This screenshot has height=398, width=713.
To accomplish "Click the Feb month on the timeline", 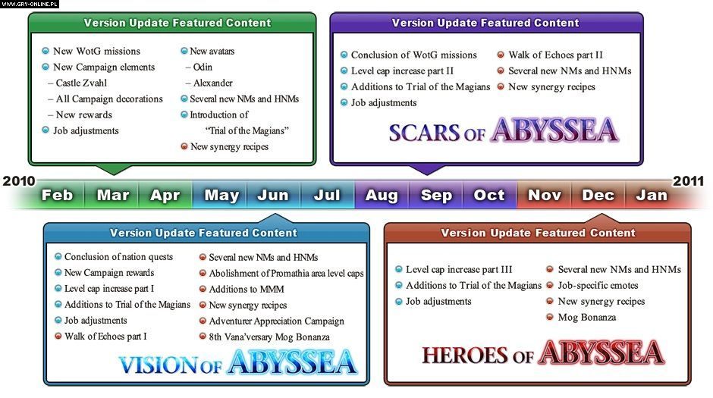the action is pos(57,195).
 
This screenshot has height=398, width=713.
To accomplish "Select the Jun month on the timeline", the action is pos(273,195).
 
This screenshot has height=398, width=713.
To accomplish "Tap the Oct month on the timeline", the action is pos(489,195).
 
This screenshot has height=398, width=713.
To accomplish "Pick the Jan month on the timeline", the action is pos(652,195).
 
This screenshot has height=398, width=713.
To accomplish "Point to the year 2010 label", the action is pos(19,181).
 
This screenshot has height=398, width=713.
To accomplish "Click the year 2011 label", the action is pos(688,181).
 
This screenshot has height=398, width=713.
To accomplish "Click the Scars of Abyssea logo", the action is pos(504,130).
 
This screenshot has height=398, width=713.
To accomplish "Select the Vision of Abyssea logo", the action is pos(237,362).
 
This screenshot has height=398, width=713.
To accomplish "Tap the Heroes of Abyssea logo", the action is pos(543,353).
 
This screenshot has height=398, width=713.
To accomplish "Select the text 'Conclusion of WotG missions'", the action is pos(414,55).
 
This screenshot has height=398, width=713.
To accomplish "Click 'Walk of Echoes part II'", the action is pos(555,55).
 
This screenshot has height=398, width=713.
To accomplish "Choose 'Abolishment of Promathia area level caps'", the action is pos(287,274).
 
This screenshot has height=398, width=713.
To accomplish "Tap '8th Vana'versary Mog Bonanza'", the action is pos(269,337).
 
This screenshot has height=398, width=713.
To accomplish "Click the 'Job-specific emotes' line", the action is pos(598,285).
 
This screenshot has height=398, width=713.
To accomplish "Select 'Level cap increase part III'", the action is pos(459,269).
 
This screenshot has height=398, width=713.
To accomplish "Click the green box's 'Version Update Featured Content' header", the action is pos(177,23).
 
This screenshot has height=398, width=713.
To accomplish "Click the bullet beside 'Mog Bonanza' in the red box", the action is pos(549,317).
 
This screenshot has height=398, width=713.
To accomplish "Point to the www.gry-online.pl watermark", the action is pos(30,4).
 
